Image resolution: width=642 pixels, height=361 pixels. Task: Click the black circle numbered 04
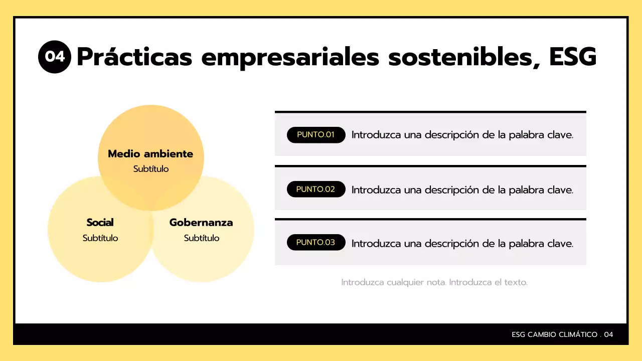coord(55,57)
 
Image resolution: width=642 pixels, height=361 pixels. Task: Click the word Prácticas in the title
coord(134,57)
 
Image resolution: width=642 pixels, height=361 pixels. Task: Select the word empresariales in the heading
coord(290,57)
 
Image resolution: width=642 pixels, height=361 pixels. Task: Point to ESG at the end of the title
coord(573,57)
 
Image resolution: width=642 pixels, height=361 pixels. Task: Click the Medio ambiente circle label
coord(150,154)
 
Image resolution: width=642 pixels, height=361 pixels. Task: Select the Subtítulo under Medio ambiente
coord(151,169)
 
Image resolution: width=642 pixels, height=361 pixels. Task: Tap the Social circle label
coord(100,222)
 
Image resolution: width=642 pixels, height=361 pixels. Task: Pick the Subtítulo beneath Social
coord(100,238)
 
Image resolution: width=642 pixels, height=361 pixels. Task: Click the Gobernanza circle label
coord(201,222)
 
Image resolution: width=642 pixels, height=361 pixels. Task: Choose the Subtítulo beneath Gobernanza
coord(202,238)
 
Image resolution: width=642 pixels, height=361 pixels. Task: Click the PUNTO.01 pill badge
coord(316,135)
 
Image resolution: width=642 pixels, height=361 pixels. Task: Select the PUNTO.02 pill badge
coord(316,189)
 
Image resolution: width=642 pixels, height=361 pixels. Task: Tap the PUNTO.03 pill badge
coord(316,242)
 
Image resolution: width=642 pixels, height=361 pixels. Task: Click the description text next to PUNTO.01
coord(462,135)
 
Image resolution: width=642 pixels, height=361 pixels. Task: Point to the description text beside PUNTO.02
coord(462,190)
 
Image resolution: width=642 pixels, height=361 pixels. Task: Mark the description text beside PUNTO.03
coord(462,244)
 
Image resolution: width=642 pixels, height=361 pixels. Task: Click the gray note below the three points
coord(434,282)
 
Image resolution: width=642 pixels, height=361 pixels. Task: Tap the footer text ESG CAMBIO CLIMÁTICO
coord(554,334)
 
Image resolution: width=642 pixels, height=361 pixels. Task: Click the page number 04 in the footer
coord(608,334)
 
